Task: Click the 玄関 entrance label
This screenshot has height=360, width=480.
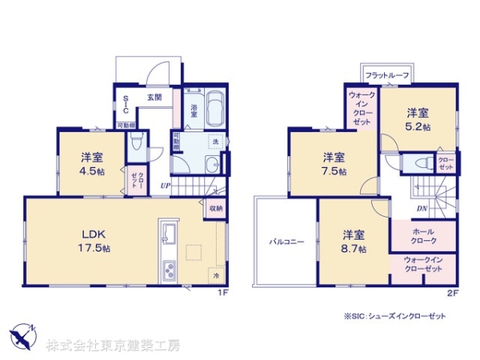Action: pos(154,98)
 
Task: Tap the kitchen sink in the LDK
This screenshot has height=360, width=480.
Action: pos(169,235)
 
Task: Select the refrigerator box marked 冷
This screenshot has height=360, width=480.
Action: pos(216,275)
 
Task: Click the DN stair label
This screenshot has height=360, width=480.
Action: pos(421,209)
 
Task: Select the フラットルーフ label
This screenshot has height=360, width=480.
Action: pos(387,75)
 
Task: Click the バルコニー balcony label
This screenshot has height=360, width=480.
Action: pos(286,239)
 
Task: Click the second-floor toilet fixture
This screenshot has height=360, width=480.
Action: pos(417,162)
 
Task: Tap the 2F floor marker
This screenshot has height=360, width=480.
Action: pos(451,293)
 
